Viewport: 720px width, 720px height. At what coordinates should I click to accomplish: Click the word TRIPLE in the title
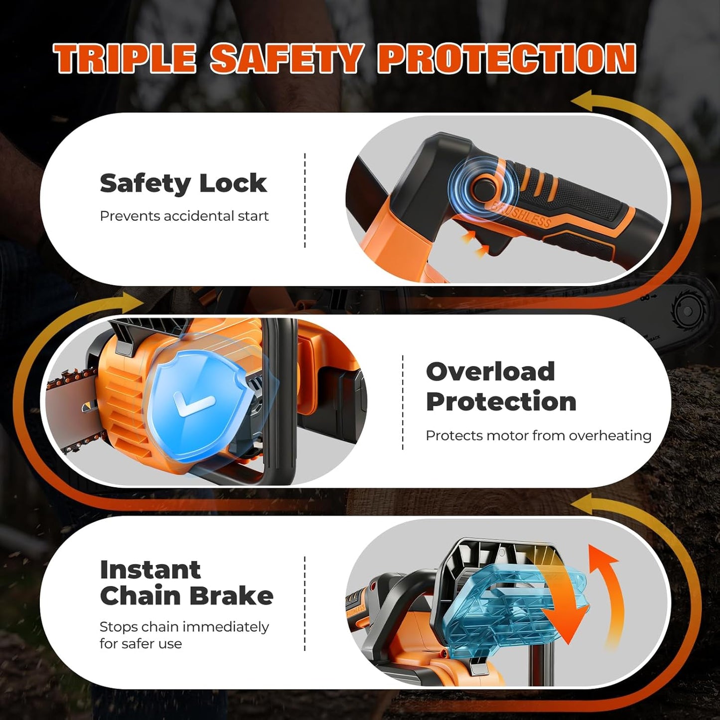pos(125,59)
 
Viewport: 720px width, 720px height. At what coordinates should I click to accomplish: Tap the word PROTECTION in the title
pos(506,59)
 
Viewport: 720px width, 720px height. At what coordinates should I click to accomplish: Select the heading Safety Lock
pos(183,183)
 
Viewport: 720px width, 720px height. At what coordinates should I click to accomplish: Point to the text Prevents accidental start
pos(184,216)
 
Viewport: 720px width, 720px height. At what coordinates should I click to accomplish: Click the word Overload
pos(490,371)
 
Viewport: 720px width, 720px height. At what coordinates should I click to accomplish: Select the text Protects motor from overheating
pos(538,435)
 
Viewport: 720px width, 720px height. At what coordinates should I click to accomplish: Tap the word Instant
pos(150,570)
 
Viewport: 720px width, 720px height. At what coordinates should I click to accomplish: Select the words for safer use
pos(141,643)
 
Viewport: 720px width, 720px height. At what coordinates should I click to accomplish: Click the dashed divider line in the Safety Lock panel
pos(305,200)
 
